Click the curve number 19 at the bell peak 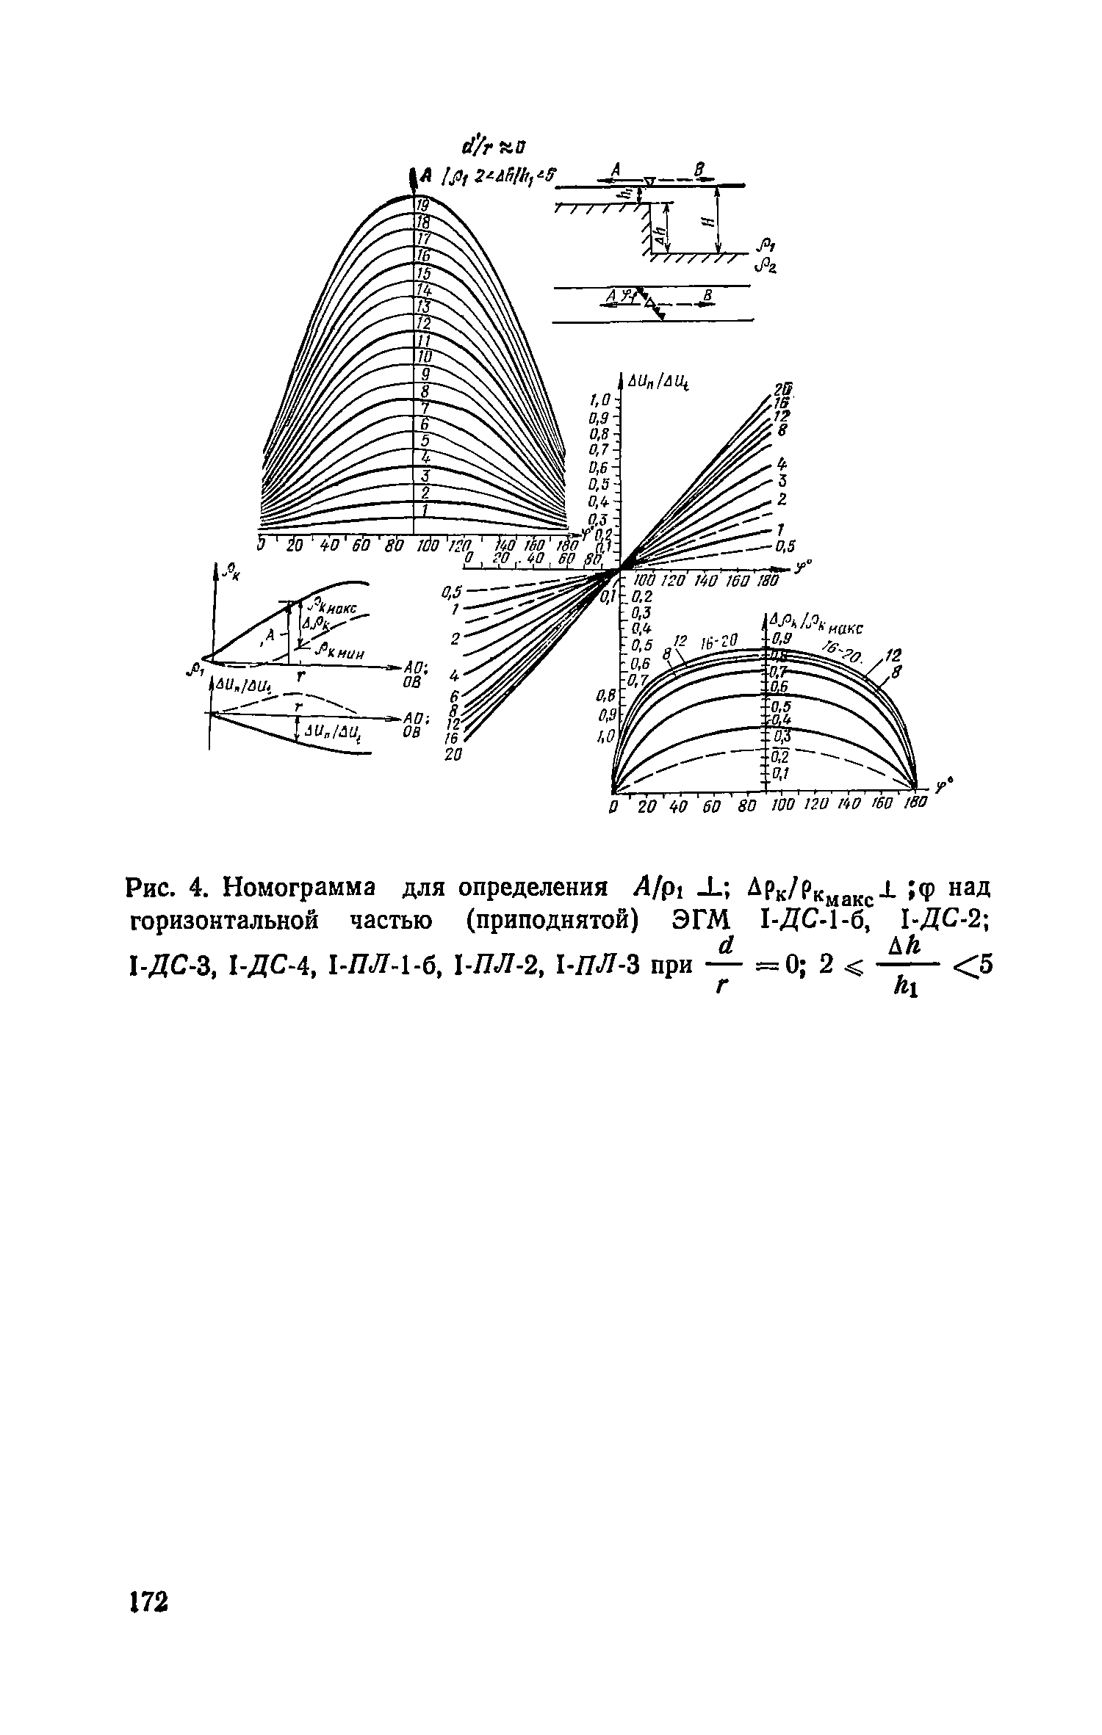coord(422,206)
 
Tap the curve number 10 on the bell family coord(424,357)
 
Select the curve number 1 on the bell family coord(425,510)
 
